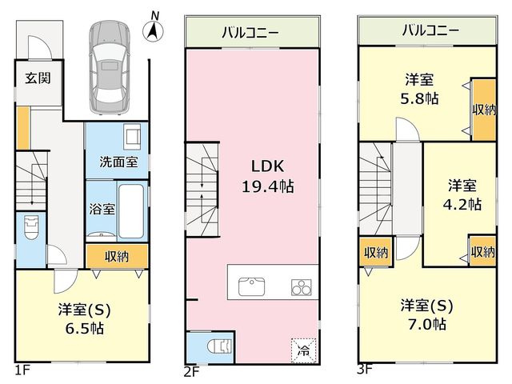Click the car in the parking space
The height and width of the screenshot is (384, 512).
coord(110,68)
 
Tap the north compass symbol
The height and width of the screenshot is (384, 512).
coord(153,29)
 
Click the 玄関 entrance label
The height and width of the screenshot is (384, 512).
coord(38,78)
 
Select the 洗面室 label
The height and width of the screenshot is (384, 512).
coord(118,162)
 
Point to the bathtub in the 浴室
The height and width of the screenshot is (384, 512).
coord(130,211)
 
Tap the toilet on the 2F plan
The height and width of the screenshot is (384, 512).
coord(220,346)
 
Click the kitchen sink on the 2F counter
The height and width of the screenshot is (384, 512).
coord(251,286)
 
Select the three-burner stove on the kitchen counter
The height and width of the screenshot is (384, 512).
coord(301,287)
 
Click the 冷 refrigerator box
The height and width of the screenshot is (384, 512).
coord(304,350)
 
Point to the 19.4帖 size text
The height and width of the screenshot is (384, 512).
coord(268,186)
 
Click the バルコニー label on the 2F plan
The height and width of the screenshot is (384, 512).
coord(250,33)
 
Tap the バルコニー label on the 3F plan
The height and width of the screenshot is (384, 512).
coord(430,30)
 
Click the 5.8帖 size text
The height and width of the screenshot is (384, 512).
coord(419,98)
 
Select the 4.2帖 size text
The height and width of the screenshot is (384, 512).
coord(462,205)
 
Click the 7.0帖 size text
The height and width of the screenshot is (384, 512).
coord(426,325)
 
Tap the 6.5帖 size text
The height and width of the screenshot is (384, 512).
coord(85,328)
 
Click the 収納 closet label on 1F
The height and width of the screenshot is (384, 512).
coord(117,257)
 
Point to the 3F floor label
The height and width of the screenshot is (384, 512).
coord(365,370)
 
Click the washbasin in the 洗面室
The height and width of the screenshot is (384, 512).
coord(132,137)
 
